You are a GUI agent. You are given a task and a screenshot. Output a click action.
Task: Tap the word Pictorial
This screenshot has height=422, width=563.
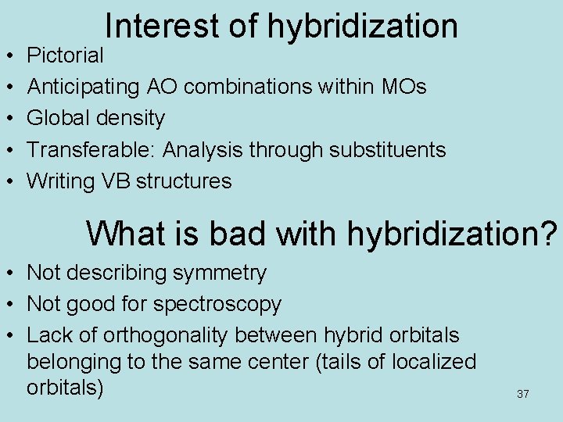pos(65,55)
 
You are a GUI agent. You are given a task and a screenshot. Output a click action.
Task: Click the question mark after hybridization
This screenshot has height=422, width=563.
pos(551,233)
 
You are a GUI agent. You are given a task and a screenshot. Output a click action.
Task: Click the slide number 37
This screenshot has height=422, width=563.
pos(523,395)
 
